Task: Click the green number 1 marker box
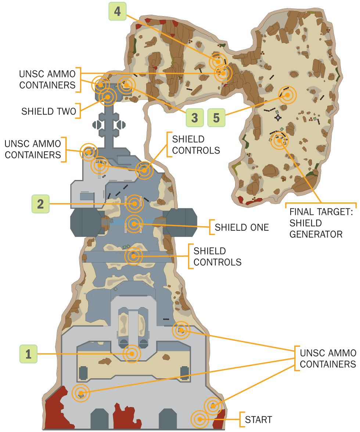pyautogui.click(x=28, y=354)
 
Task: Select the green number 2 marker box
pyautogui.click(x=41, y=204)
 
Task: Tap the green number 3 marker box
pyautogui.click(x=194, y=118)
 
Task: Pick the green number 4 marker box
pyautogui.click(x=117, y=11)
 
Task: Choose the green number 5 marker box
pyautogui.click(x=216, y=118)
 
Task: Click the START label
pyautogui.click(x=259, y=419)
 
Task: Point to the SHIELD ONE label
pyautogui.click(x=242, y=227)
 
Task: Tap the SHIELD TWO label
pyautogui.click(x=48, y=111)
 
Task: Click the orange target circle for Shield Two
pyautogui.click(x=108, y=97)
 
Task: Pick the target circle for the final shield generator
pyautogui.click(x=279, y=140)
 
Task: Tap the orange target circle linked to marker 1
pyautogui.click(x=131, y=354)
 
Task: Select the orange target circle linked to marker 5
pyautogui.click(x=287, y=95)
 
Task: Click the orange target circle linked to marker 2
pyautogui.click(x=134, y=204)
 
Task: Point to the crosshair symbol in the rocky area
pyautogui.click(x=278, y=117)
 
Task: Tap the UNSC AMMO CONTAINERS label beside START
pyautogui.click(x=328, y=359)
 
